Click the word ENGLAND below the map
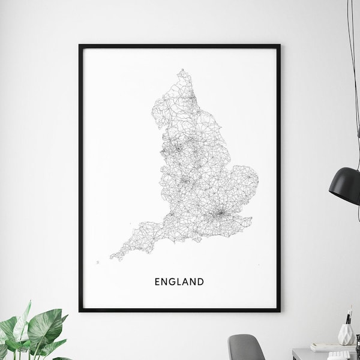pyautogui.click(x=179, y=281)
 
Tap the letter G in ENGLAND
pyautogui.click(x=172, y=281)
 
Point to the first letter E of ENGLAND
pyautogui.click(x=157, y=281)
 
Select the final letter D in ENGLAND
pyautogui.click(x=201, y=281)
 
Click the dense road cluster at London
pyautogui.click(x=220, y=212)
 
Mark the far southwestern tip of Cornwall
pyautogui.click(x=111, y=259)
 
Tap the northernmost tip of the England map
pyautogui.click(x=179, y=71)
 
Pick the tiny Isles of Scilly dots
pyautogui.click(x=97, y=262)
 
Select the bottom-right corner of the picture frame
pyautogui.click(x=279, y=311)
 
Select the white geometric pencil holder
pyautogui.click(x=347, y=332)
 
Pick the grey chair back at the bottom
pyautogui.click(x=245, y=347)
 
